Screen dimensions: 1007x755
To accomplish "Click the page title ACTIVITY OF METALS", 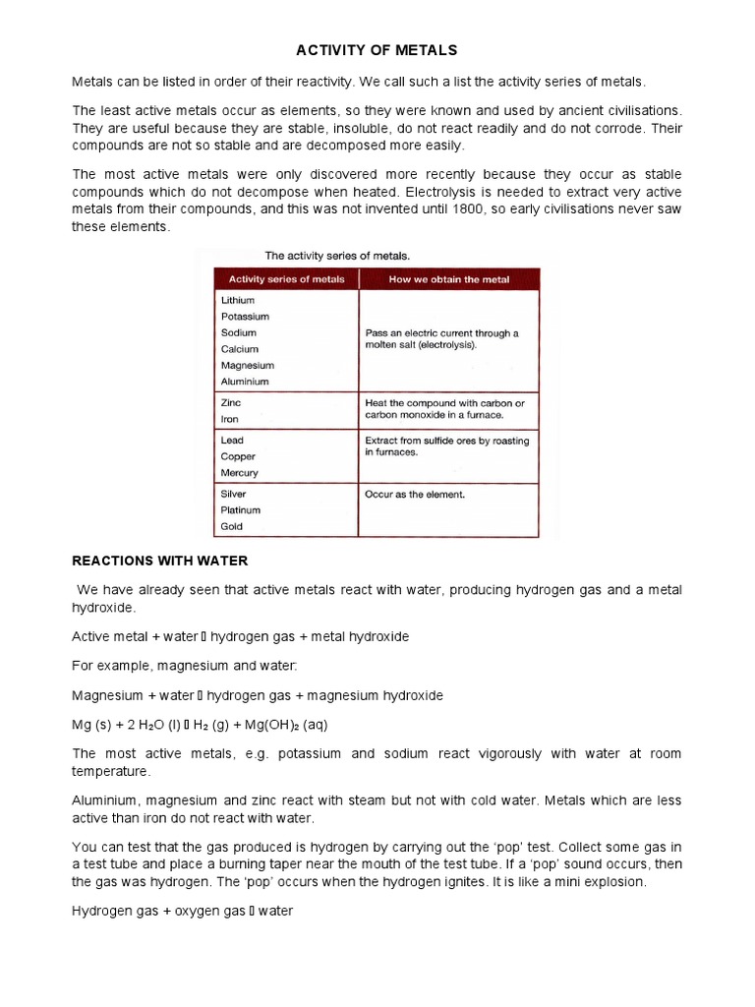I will (x=377, y=49).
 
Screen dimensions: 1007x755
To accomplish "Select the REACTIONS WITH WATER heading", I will (x=160, y=561).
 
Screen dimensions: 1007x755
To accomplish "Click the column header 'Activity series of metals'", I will (x=287, y=279).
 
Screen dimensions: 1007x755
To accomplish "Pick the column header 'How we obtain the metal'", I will (x=449, y=279).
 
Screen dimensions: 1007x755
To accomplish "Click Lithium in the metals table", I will (x=238, y=300).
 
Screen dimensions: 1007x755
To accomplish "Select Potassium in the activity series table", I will (x=245, y=317).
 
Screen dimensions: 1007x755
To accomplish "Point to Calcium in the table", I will (x=240, y=349).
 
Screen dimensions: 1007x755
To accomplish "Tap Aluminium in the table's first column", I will (x=245, y=382).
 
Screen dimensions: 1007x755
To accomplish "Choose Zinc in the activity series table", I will (x=231, y=402).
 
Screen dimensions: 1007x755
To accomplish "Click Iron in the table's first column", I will (x=231, y=418).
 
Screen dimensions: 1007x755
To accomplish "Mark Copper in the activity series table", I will (x=238, y=456).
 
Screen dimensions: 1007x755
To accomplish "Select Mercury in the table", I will (x=240, y=473).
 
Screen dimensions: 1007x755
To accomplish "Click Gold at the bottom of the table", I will (x=232, y=526).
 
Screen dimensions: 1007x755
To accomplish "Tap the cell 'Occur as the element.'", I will (x=415, y=495).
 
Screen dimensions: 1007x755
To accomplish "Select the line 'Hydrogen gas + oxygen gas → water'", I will (x=183, y=911).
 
